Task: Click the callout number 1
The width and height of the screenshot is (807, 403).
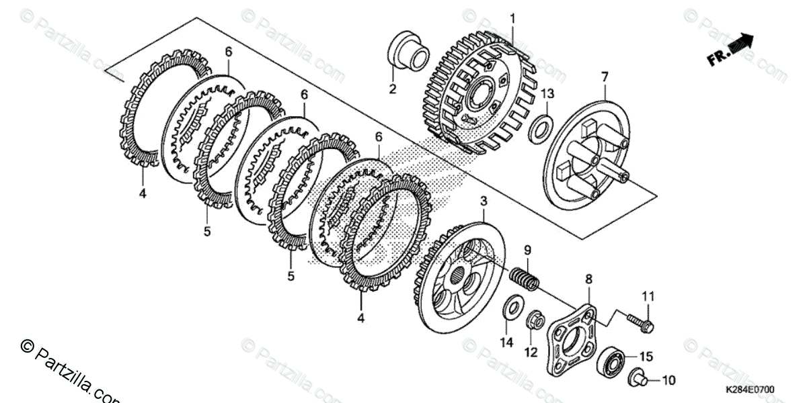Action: (x=512, y=17)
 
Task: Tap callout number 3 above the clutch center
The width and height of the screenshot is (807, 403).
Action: (x=484, y=201)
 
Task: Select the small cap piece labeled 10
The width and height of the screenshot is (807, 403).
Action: (x=638, y=379)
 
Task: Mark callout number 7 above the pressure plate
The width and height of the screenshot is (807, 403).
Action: (x=604, y=77)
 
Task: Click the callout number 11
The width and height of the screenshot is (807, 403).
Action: (x=647, y=296)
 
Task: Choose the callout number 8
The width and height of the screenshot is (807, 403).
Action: (x=588, y=277)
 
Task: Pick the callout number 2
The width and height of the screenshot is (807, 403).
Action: (x=392, y=88)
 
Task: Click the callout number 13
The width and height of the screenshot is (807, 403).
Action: (x=547, y=93)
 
